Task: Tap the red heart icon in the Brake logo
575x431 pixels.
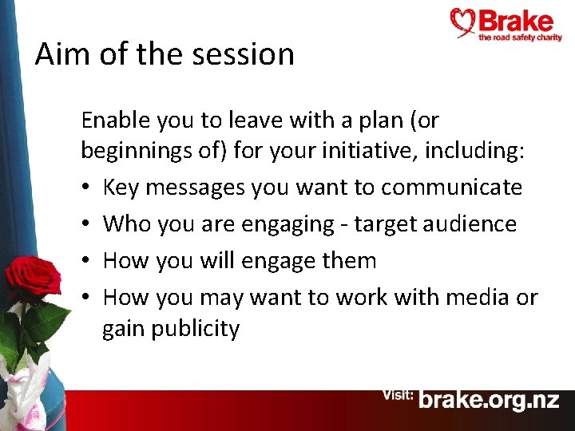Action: (463, 22)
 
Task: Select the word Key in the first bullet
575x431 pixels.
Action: (121, 188)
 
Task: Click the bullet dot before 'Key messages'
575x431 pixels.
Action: (87, 188)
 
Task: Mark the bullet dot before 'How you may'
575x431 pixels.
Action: (87, 299)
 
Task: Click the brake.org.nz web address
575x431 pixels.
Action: (490, 400)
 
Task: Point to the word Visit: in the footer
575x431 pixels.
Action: (397, 395)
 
